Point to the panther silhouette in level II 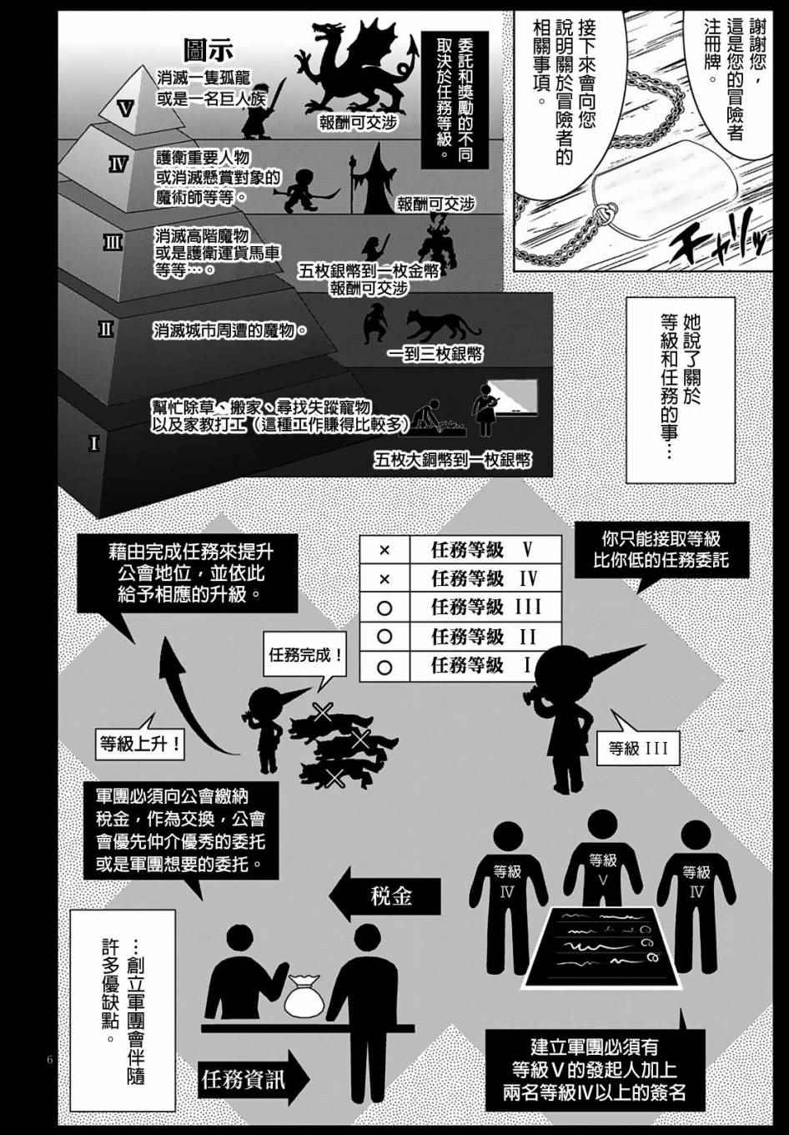(440, 327)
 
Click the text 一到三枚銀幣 (435, 355)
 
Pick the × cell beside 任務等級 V (384, 551)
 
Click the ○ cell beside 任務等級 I (384, 665)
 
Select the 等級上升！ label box (141, 743)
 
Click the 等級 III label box (638, 748)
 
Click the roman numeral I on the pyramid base (94, 443)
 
